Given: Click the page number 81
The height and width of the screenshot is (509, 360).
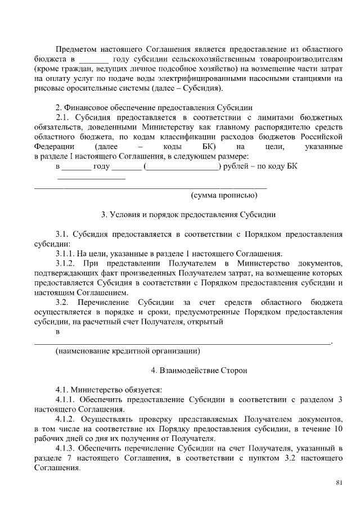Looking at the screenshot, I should [339, 482].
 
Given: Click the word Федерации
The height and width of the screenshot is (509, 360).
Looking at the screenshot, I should [54, 147].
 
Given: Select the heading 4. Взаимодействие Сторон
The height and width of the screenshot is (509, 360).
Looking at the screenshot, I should [191, 371].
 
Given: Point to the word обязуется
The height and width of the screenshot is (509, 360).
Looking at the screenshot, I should [142, 390].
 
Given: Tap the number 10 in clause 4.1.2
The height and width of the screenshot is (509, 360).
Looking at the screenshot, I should [338, 429].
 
